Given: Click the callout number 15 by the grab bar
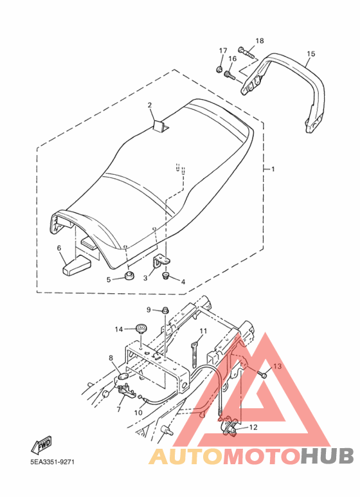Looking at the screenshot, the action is click(311, 53).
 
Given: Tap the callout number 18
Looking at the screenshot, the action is click(260, 41).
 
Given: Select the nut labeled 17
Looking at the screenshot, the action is click(219, 68).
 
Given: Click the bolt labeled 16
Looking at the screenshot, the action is click(230, 75).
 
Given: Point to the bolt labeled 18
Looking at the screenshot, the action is click(246, 53).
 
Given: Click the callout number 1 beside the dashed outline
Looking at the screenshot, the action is click(273, 169).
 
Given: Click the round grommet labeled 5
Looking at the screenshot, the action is click(129, 275).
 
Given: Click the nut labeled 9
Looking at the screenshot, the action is click(165, 310).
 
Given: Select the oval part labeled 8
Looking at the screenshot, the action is click(123, 377).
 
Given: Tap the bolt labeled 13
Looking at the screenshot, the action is click(263, 375).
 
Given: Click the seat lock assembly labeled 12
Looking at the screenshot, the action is click(230, 426).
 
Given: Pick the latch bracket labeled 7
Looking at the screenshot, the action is click(126, 390).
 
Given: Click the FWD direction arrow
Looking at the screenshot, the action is click(41, 446).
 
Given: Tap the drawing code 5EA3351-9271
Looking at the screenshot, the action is click(53, 462).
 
